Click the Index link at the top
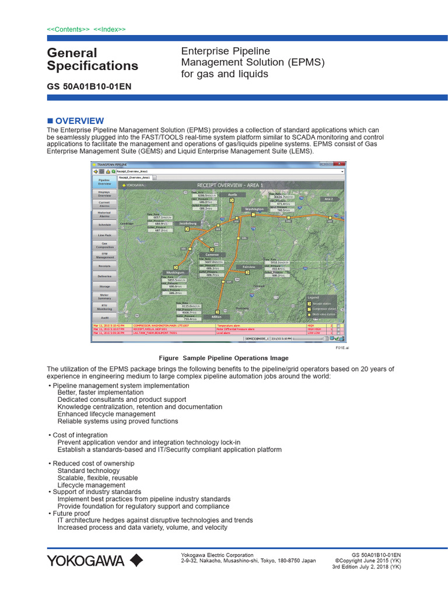[109, 29]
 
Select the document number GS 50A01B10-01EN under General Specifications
[89, 86]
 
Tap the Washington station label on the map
[254, 209]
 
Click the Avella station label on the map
[233, 193]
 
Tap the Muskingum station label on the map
[174, 273]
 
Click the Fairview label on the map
[249, 267]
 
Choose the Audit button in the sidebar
[104, 318]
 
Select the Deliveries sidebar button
[104, 276]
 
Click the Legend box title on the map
[313, 297]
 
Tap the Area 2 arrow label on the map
[329, 199]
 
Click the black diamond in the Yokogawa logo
[135, 561]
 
